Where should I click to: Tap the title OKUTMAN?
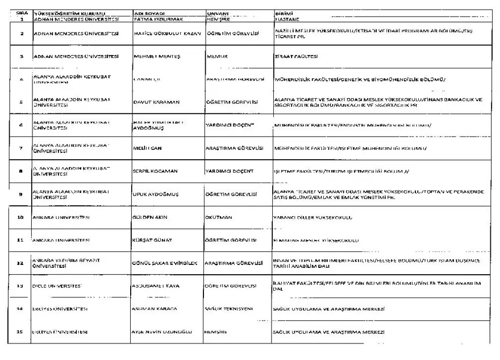point(216,217)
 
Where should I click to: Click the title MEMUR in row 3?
point(216,56)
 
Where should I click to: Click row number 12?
point(20,263)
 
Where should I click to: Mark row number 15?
point(20,332)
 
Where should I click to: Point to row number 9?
point(20,194)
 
